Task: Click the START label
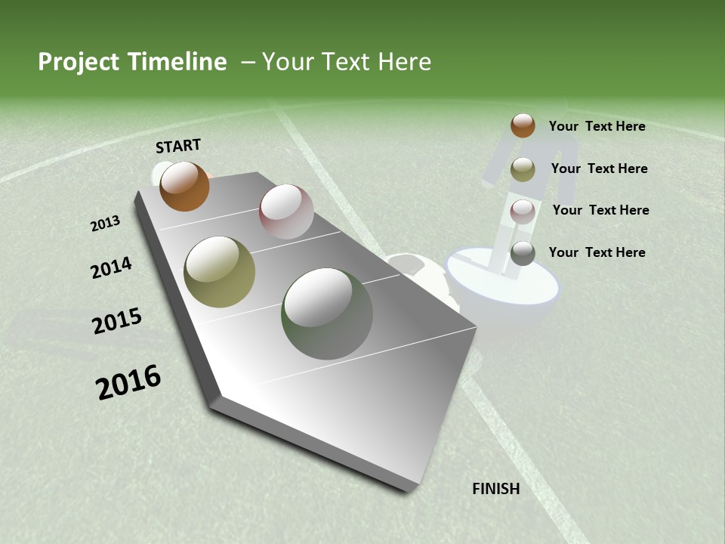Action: [x=178, y=145]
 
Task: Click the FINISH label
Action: [x=496, y=489]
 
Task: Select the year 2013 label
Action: [x=106, y=223]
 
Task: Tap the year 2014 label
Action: [x=112, y=267]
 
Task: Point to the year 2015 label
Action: [x=117, y=321]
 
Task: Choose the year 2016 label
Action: [x=128, y=382]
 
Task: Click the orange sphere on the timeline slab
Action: [x=184, y=186]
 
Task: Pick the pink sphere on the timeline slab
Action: [x=286, y=212]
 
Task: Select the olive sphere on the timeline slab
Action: [x=220, y=272]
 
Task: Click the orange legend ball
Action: [x=523, y=125]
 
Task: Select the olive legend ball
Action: [x=523, y=169]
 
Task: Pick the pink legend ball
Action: [x=523, y=211]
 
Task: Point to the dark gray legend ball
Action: [x=523, y=253]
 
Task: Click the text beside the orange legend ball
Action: [x=597, y=126]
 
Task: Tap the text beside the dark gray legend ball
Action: [x=597, y=252]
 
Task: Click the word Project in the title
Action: [x=78, y=62]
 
